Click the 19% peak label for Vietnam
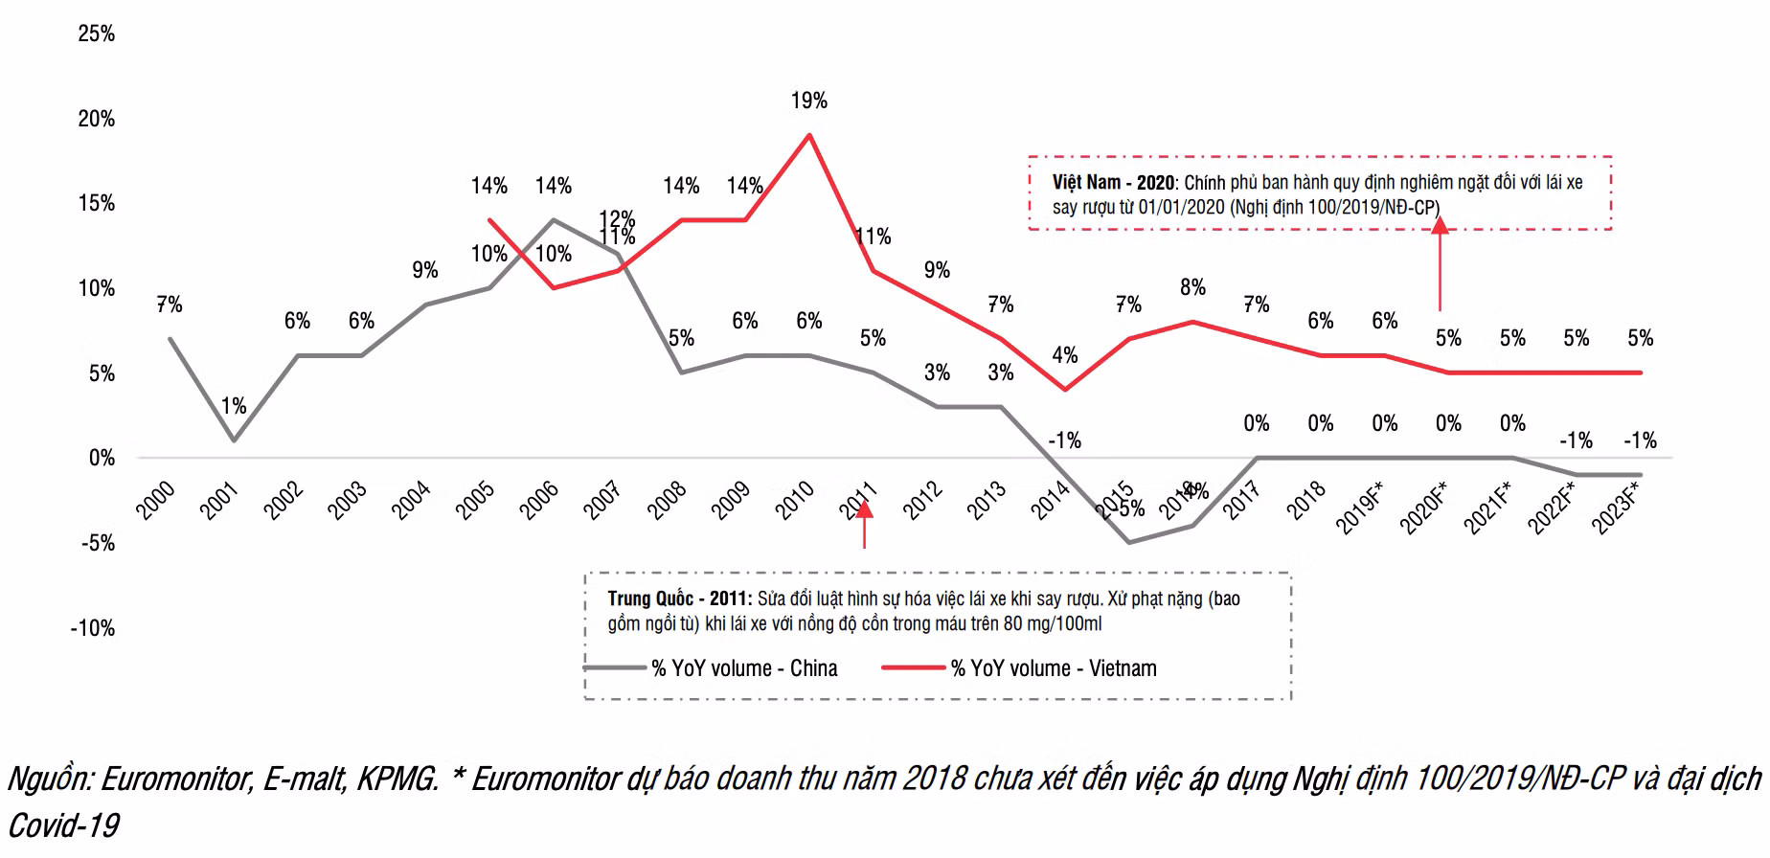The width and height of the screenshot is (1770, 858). (x=808, y=101)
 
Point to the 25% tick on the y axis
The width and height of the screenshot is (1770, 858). (x=96, y=34)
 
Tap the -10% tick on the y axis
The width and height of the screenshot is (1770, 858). (x=92, y=628)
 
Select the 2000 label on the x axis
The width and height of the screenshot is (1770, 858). (x=155, y=500)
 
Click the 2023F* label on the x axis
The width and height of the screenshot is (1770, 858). (x=1616, y=508)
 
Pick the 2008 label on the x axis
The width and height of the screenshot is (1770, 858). (x=667, y=500)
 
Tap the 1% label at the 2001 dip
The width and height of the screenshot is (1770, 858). (x=233, y=406)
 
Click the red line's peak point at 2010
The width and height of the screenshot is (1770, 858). (x=809, y=135)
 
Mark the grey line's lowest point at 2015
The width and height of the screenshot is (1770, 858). (x=1129, y=543)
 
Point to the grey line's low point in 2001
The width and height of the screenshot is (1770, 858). (x=233, y=440)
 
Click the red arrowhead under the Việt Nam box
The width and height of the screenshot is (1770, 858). (x=1440, y=226)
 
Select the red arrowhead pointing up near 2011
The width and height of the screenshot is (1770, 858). (x=864, y=508)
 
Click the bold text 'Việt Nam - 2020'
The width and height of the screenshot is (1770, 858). (x=1112, y=183)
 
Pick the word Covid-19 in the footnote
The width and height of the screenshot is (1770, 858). (x=63, y=825)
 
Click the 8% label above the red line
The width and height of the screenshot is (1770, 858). (x=1192, y=287)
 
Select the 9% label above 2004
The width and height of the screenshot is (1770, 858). (x=424, y=270)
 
